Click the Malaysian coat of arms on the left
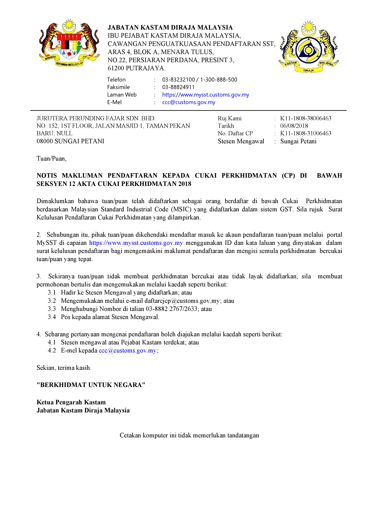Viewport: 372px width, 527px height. click(x=69, y=43)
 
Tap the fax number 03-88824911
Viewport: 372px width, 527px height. click(x=178, y=87)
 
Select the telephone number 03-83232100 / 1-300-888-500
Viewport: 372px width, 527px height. click(x=199, y=80)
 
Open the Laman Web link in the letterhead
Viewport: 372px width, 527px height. click(x=205, y=95)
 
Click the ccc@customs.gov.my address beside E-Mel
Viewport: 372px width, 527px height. click(x=189, y=102)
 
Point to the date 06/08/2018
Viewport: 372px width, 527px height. click(x=294, y=126)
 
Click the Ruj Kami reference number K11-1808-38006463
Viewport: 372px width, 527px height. click(x=306, y=118)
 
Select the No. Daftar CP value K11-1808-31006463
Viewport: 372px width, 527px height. click(x=306, y=133)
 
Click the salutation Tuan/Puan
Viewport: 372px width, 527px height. click(x=51, y=159)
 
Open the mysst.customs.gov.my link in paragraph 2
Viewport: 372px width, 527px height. click(x=136, y=243)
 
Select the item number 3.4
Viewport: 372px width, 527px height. click(x=52, y=317)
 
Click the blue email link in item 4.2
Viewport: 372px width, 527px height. click(x=128, y=351)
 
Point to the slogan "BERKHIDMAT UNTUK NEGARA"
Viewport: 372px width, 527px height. click(x=91, y=385)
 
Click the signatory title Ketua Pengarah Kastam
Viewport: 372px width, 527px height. click(x=71, y=402)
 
